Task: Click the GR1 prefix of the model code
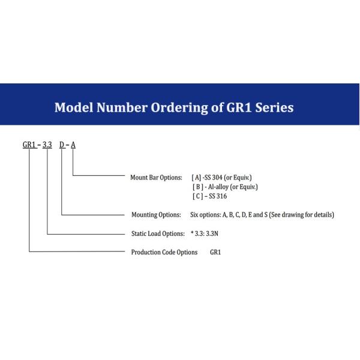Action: pyautogui.click(x=29, y=145)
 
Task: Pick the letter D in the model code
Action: pyautogui.click(x=62, y=145)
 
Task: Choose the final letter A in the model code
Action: pyautogui.click(x=73, y=145)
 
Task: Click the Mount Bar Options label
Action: pyautogui.click(x=156, y=178)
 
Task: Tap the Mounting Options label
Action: pyautogui.click(x=155, y=215)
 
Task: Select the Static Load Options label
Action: pyautogui.click(x=157, y=233)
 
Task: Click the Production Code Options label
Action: pyautogui.click(x=164, y=252)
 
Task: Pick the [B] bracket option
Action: pyautogui.click(x=197, y=187)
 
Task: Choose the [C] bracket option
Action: pyautogui.click(x=197, y=196)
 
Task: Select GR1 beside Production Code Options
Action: pyautogui.click(x=215, y=252)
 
